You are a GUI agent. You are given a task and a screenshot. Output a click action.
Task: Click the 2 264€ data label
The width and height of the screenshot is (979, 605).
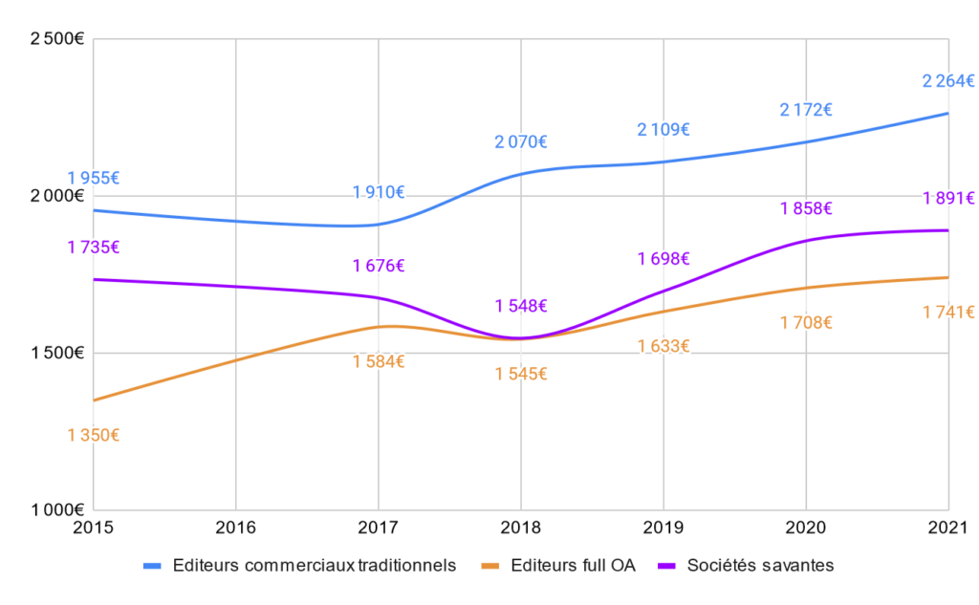(x=948, y=81)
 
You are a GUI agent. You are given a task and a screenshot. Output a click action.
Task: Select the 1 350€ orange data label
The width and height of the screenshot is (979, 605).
(x=93, y=436)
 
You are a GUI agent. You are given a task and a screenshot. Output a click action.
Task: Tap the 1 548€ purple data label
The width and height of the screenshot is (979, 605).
(x=521, y=306)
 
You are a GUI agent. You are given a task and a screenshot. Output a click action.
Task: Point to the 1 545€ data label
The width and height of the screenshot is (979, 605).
(x=521, y=374)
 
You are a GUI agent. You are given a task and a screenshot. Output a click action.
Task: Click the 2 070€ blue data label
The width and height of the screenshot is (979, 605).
(x=521, y=142)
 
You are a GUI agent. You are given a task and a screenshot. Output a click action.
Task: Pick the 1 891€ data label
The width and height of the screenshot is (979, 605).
(x=948, y=199)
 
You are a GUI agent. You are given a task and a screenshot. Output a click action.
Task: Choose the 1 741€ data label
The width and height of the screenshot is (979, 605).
(x=948, y=313)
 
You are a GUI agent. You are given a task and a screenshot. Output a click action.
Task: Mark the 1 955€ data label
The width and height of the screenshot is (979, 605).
(x=93, y=178)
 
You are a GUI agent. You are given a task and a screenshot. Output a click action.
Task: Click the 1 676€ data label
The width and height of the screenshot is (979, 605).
(x=379, y=267)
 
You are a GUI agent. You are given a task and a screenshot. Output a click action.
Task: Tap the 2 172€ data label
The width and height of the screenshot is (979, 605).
(x=806, y=110)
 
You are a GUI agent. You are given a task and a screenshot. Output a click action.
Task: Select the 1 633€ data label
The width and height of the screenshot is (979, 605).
(x=664, y=346)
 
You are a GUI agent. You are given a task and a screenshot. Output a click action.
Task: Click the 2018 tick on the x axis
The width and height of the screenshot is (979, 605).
(x=521, y=527)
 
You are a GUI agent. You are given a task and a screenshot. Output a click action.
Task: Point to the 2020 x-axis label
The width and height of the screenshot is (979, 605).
(x=806, y=527)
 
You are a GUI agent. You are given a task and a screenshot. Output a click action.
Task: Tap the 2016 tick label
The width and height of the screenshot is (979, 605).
(x=235, y=527)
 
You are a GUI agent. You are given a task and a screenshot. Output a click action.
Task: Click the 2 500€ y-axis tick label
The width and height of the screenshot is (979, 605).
(x=58, y=39)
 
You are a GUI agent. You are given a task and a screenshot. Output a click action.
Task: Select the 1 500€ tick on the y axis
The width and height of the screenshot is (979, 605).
(x=58, y=353)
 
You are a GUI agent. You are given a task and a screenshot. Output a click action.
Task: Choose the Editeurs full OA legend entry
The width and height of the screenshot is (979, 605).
(x=565, y=565)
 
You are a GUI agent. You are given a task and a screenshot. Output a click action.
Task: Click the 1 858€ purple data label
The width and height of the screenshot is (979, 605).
(x=806, y=209)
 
